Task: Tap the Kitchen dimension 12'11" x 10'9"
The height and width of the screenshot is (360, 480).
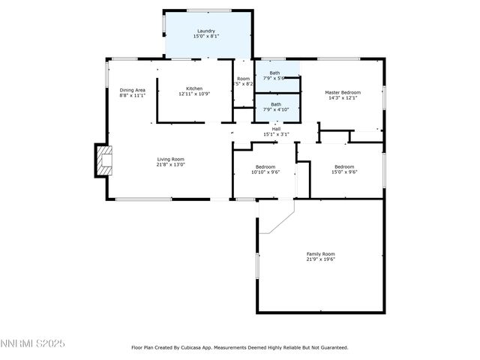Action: point(195,94)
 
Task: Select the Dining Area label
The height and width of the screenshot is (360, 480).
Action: point(132,90)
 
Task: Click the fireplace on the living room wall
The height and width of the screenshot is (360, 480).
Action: point(103,160)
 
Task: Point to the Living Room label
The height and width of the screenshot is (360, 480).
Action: point(170,159)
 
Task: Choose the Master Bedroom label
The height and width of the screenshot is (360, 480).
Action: point(342,91)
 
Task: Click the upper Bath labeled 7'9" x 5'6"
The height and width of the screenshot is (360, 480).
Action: point(276,73)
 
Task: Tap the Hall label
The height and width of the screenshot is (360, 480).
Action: point(276,129)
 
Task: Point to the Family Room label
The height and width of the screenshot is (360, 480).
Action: point(320,254)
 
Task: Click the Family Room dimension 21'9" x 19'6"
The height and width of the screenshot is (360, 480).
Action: point(320,259)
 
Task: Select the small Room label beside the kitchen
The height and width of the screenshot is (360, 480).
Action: point(243,79)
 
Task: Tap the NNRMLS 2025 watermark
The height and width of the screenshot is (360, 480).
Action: point(33,343)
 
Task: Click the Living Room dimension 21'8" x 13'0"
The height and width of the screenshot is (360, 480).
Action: point(170,164)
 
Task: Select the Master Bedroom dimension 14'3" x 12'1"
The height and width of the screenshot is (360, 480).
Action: point(342,97)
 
